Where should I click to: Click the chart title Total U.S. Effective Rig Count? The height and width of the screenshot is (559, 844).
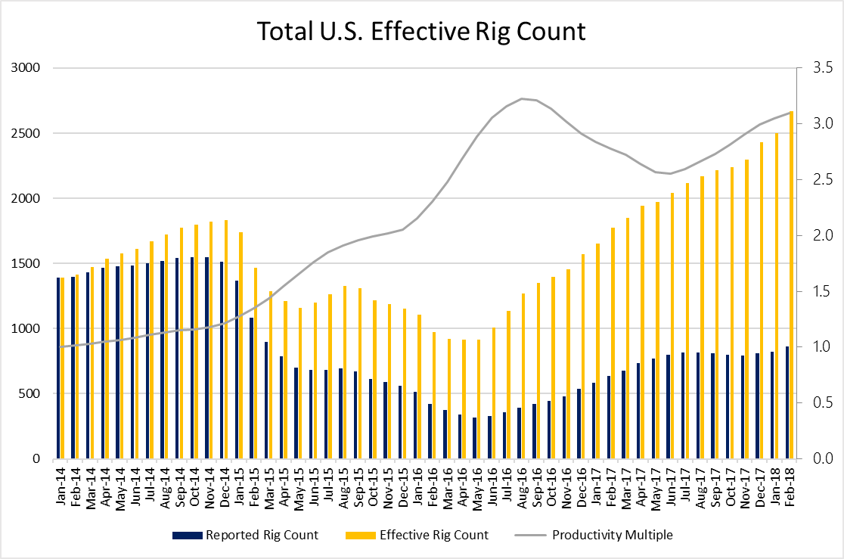click(x=421, y=31)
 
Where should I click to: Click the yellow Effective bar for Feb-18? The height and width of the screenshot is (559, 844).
click(x=791, y=285)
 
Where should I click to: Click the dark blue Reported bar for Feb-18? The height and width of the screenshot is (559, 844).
click(x=787, y=402)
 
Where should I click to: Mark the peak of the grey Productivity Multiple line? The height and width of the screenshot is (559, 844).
click(x=522, y=98)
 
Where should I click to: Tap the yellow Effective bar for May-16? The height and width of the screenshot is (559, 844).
click(x=479, y=399)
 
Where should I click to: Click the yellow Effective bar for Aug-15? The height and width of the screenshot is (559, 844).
click(x=345, y=372)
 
